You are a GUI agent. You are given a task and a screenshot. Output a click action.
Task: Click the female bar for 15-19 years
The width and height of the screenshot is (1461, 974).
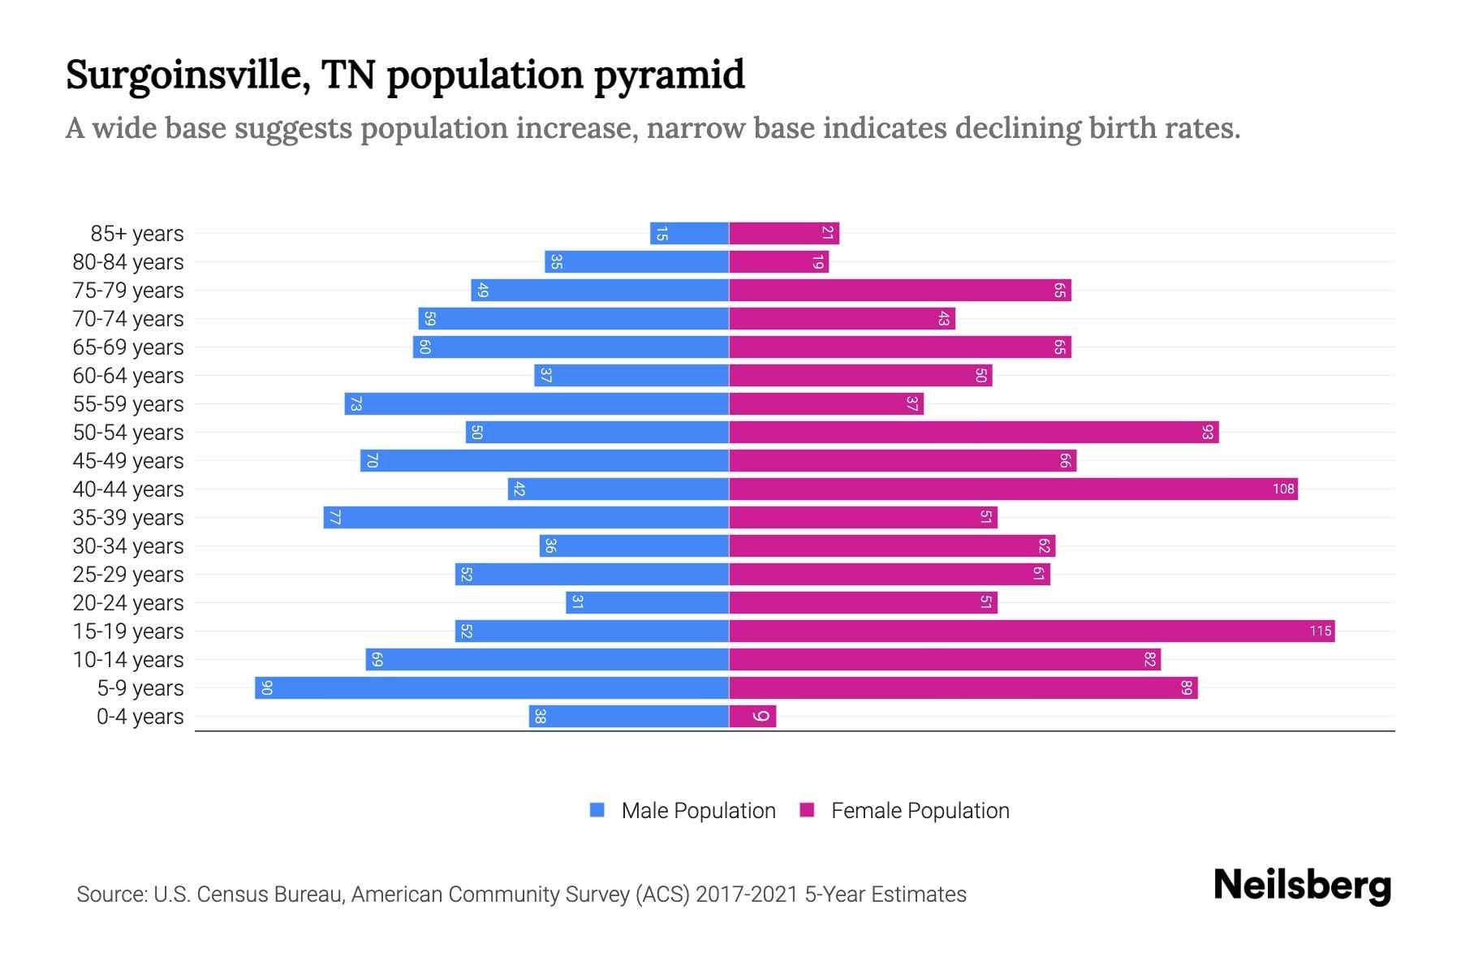coord(1031,631)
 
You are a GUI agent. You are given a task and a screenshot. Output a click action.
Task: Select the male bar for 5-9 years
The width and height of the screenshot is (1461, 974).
coord(492,687)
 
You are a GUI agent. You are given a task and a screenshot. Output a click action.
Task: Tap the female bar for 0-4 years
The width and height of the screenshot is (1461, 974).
coord(752,716)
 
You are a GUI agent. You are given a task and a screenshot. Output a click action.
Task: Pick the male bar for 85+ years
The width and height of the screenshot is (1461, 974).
coord(689,233)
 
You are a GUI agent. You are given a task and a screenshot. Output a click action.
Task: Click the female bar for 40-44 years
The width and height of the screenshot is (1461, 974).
coord(1013,489)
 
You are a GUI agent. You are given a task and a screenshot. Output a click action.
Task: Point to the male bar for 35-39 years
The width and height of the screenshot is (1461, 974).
coord(526,517)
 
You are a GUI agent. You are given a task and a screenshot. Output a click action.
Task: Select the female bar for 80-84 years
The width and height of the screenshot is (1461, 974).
coord(779,261)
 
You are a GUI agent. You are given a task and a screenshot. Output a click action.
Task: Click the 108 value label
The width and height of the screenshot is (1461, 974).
coord(1283,489)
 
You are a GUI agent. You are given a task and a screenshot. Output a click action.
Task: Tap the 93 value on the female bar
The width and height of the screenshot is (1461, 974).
coord(1207,432)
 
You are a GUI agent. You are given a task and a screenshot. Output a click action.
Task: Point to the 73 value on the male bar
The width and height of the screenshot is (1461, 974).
coord(356,403)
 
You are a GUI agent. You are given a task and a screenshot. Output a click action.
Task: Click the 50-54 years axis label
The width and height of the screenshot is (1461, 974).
coord(128,432)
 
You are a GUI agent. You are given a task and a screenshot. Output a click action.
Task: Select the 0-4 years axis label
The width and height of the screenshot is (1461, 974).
coord(140,716)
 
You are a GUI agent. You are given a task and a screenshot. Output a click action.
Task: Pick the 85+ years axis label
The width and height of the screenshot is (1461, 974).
coord(137,233)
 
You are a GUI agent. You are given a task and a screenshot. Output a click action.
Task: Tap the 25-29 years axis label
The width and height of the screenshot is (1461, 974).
coord(128,574)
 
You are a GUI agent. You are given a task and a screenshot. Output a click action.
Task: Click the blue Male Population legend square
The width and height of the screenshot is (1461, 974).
coord(597,810)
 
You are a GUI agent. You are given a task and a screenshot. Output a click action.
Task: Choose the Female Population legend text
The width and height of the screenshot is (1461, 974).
coord(920,810)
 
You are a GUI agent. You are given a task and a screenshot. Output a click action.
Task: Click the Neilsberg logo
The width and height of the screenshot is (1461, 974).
coord(1302,885)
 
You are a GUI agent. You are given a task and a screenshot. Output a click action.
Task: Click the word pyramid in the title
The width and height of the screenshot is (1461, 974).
coord(669,75)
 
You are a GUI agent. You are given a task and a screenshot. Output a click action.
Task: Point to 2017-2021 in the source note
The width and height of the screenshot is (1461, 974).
coord(747,894)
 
